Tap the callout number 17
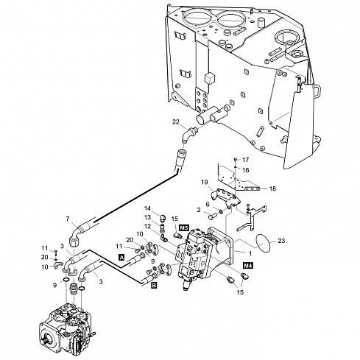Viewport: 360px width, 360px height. click(246, 160)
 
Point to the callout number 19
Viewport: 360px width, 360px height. click(206, 181)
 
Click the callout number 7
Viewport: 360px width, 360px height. click(68, 219)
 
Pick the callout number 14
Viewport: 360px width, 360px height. click(147, 208)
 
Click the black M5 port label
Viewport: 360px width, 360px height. click(184, 229)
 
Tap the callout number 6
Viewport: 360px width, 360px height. click(208, 204)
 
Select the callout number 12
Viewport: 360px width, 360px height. click(147, 226)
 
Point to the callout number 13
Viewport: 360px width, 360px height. click(147, 217)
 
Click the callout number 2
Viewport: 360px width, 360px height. click(197, 211)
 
